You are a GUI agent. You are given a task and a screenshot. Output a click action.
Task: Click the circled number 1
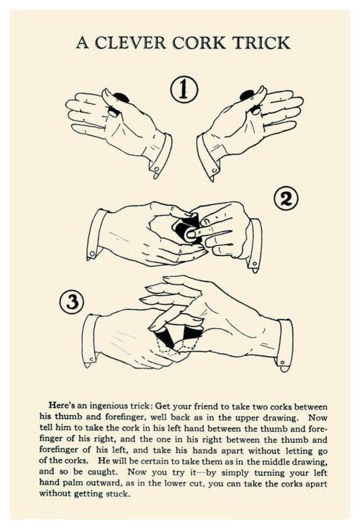point(184,89)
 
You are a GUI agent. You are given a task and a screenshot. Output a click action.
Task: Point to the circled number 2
point(286,200)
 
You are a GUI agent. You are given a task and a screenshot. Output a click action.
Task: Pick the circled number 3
point(71,302)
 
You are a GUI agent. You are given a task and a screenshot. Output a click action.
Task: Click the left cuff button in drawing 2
point(92,253)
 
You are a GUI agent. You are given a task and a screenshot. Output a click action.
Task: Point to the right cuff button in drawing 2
point(254,263)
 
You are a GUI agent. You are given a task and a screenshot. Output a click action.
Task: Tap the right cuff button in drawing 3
point(282,363)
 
